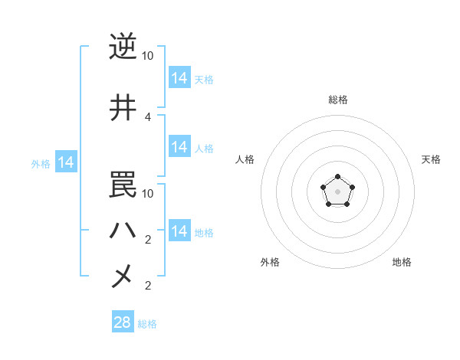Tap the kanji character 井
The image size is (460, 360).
(123, 109)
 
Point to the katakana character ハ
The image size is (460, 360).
(123, 229)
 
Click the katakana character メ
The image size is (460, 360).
(123, 275)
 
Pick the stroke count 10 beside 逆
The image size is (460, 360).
(148, 56)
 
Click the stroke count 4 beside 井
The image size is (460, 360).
(148, 117)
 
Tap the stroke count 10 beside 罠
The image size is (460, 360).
(148, 193)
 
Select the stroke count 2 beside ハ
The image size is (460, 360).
(148, 240)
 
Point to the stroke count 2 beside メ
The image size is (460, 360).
(148, 286)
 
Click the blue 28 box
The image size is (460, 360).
(123, 322)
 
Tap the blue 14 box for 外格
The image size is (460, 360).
(65, 162)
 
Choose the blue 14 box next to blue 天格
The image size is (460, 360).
(179, 78)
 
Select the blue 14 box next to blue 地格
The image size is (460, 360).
(179, 231)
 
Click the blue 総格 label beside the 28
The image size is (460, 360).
(147, 324)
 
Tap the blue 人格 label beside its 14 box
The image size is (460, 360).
(204, 149)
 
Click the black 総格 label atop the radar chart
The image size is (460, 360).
(337, 100)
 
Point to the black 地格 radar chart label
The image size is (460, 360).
(402, 263)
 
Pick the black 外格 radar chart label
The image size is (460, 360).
(270, 263)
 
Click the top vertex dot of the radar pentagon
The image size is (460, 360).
(337, 178)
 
